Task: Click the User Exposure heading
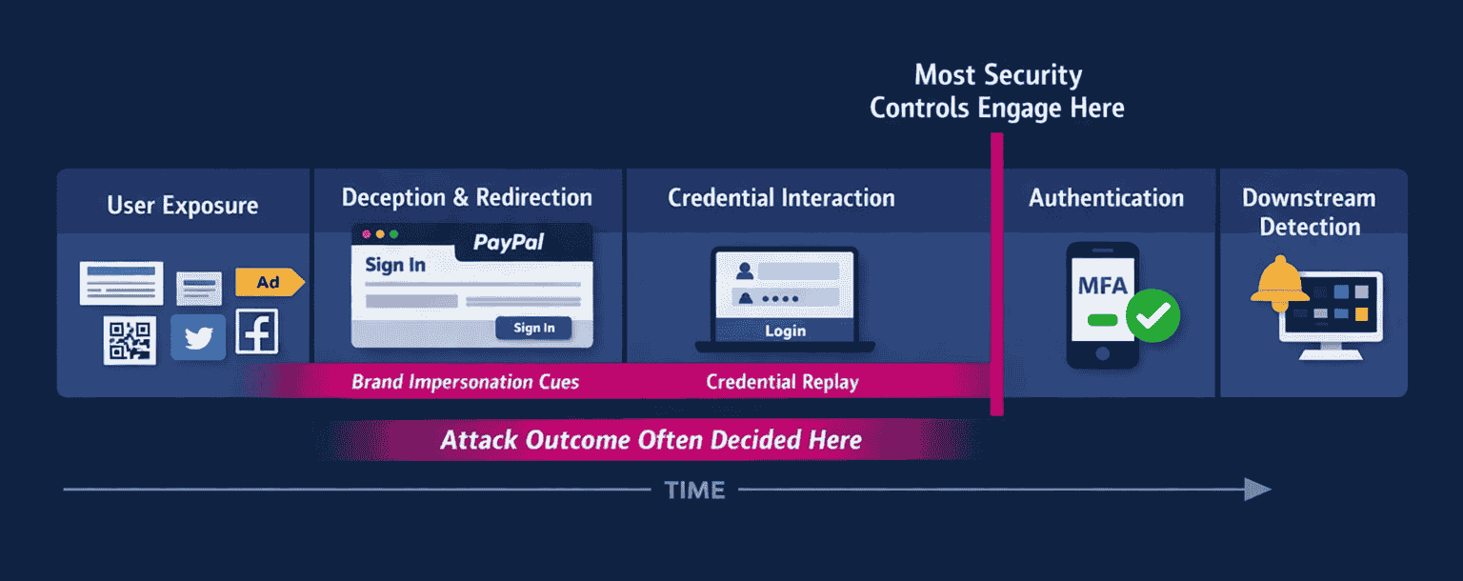182,206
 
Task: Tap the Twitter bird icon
198,337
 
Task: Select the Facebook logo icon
257,331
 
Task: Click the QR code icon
130,340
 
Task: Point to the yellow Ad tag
270,282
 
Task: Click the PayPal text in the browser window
509,243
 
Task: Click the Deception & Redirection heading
467,197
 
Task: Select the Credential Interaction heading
781,198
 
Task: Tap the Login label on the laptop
785,331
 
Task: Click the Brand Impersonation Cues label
465,382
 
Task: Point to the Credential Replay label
782,382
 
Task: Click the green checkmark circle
1152,316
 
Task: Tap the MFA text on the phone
1102,286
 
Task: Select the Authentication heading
1106,198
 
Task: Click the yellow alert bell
1280,284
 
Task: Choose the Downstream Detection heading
1309,212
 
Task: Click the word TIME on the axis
694,491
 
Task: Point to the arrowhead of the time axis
1257,490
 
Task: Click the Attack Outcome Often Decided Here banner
651,440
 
